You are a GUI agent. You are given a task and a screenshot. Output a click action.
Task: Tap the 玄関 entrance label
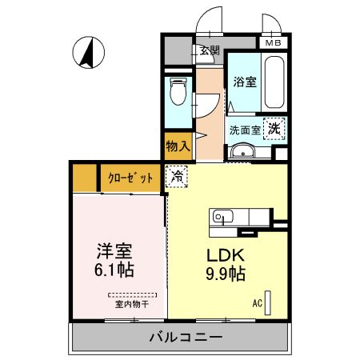coord(210,51)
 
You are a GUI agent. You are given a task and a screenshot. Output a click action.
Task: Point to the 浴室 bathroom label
coord(244,82)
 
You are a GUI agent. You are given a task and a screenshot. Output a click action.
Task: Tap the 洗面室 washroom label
coord(245,129)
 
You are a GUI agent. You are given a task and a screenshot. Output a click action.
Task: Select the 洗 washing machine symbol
coord(274,128)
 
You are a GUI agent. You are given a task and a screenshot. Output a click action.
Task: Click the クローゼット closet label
coord(129,178)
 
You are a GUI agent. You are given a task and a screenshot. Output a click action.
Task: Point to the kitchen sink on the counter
coord(222,216)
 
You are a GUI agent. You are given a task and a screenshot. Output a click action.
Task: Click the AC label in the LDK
coord(258,303)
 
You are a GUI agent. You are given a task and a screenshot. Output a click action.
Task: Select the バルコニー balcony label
coord(185,338)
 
